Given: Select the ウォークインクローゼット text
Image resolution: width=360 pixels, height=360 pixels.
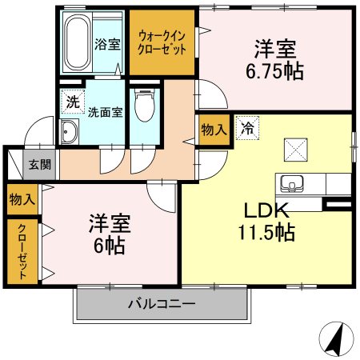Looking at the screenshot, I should click(x=162, y=41).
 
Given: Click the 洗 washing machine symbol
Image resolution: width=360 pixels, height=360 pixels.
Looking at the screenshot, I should click(x=72, y=102).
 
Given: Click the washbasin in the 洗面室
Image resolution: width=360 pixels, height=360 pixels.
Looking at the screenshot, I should click(x=69, y=134).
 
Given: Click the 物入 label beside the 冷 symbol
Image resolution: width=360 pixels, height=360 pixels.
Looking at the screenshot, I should click(x=214, y=130).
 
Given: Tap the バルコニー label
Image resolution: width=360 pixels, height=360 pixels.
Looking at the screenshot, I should click(x=161, y=305).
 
